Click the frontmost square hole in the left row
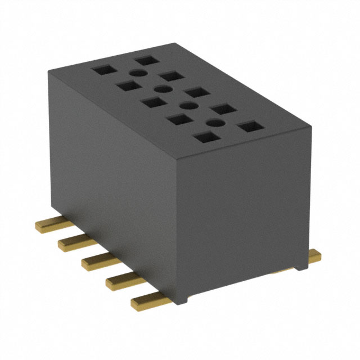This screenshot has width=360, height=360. pos(205,137)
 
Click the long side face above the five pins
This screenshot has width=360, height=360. pos(112,169)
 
